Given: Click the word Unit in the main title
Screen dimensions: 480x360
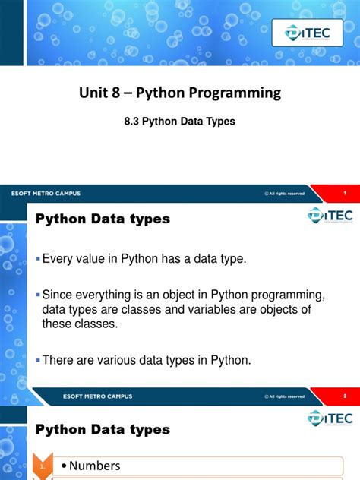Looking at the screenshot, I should click(94, 93).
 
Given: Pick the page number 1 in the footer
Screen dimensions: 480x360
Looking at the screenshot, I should click(344, 193).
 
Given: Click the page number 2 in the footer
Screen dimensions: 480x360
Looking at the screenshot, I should click(344, 396).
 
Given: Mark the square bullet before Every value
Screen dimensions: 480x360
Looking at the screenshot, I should click(38, 260).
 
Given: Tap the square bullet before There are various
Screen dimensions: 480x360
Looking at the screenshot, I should click(38, 360).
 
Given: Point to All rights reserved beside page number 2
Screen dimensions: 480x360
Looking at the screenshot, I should click(286, 396).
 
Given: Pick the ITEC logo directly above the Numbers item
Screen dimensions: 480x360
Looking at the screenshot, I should click(330, 418).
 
